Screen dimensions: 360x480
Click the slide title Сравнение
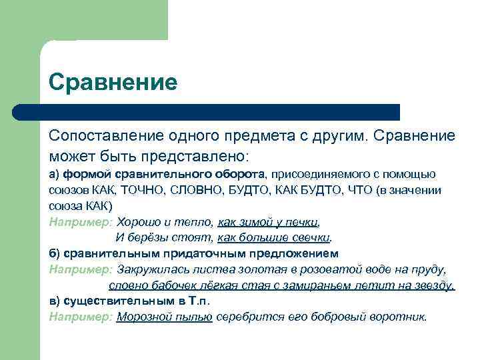click(x=113, y=83)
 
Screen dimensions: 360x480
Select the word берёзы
click(x=146, y=238)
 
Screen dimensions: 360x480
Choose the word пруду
click(x=429, y=270)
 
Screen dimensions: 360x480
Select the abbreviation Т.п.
click(x=198, y=302)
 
